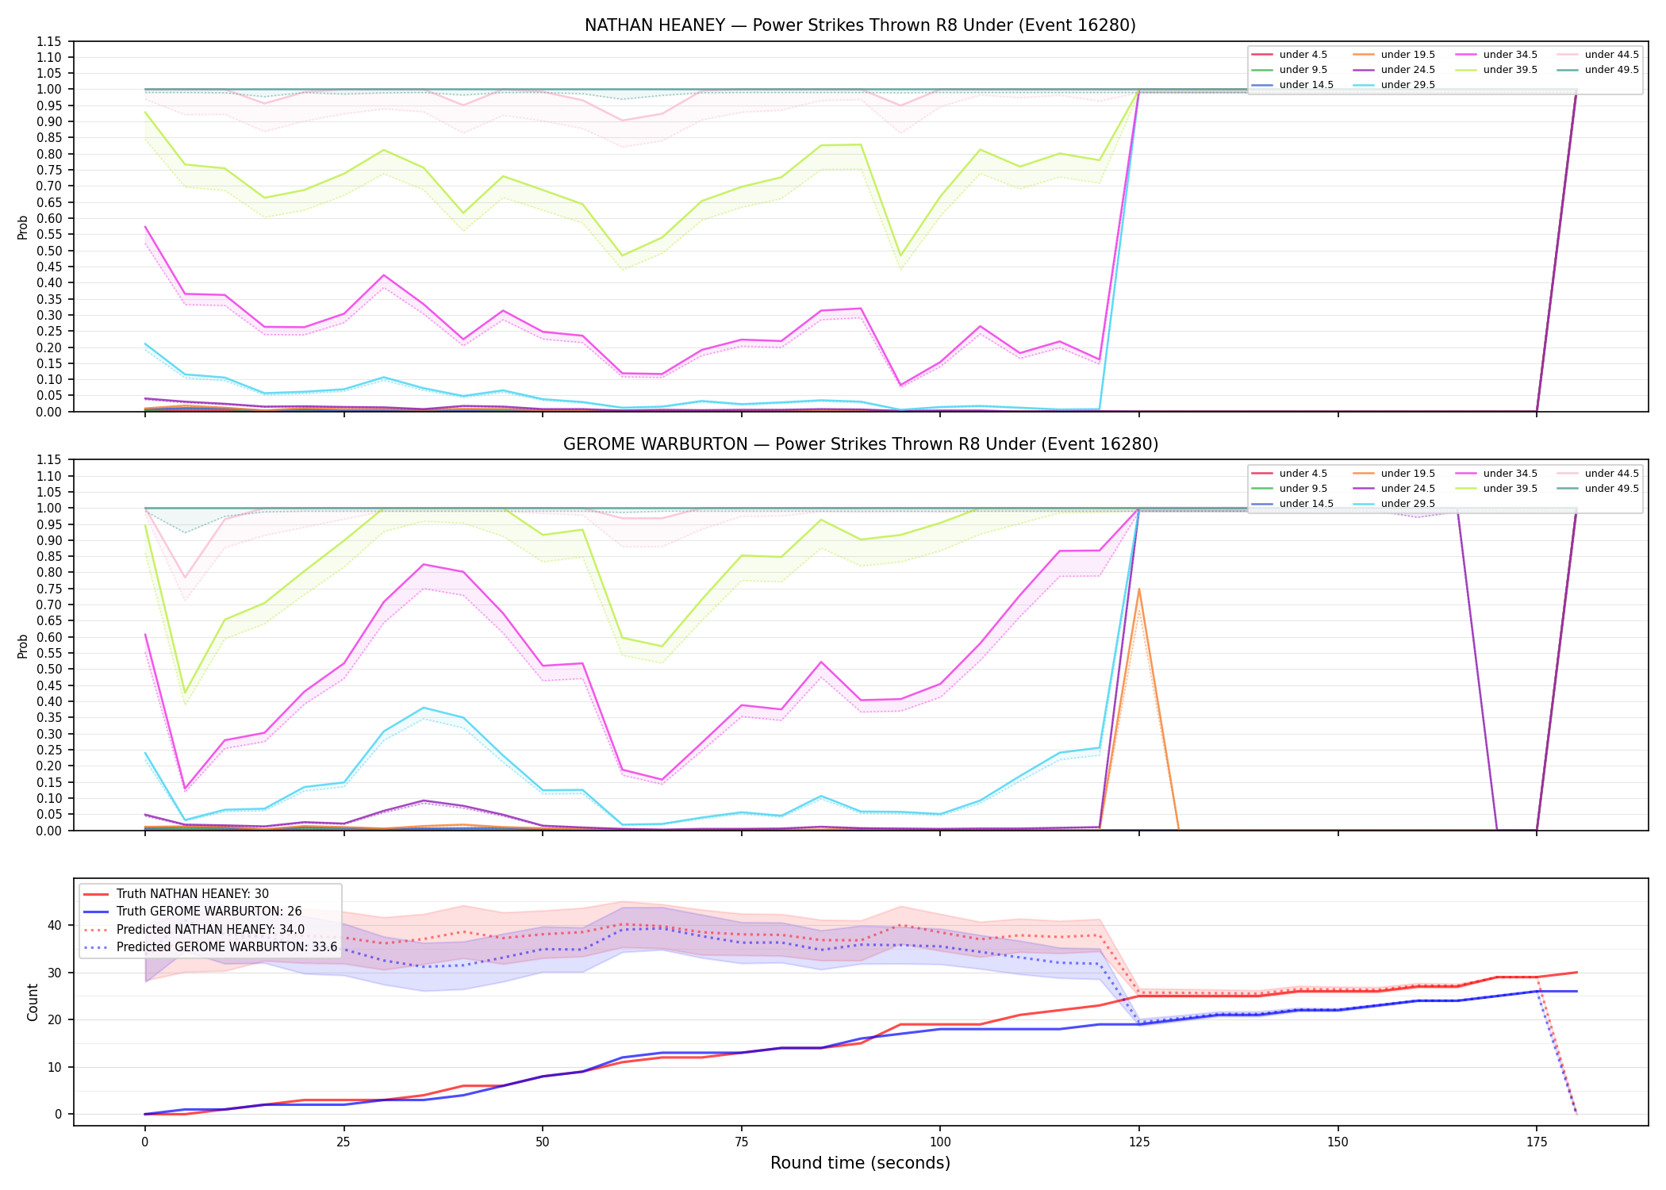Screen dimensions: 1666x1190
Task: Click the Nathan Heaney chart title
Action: pyautogui.click(x=860, y=25)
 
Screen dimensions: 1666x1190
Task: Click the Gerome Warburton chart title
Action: pyautogui.click(x=860, y=444)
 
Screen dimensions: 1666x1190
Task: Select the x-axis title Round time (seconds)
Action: pyautogui.click(x=860, y=1163)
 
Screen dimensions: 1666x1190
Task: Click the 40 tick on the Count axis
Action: pyautogui.click(x=54, y=925)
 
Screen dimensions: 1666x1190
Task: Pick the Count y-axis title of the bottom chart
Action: pyautogui.click(x=33, y=1002)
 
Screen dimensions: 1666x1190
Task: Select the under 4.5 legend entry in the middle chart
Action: pyautogui.click(x=1289, y=474)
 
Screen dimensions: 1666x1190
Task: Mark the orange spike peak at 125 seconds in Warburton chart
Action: pyautogui.click(x=1138, y=589)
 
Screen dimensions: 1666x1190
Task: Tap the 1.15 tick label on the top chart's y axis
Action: pyautogui.click(x=49, y=41)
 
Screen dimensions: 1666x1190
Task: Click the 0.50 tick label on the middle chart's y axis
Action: pyautogui.click(x=49, y=670)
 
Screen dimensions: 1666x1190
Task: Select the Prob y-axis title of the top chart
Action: pyautogui.click(x=23, y=227)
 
